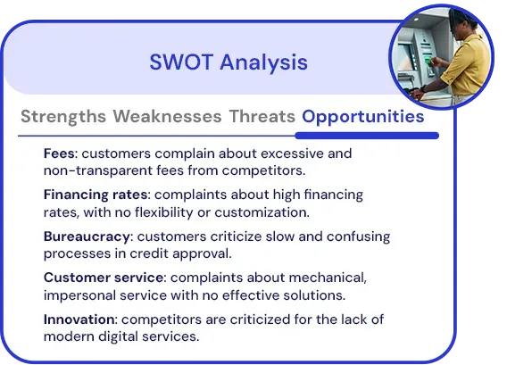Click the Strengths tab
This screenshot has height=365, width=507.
tap(63, 117)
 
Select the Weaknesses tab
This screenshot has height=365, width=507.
tap(167, 116)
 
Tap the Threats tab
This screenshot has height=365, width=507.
tap(262, 116)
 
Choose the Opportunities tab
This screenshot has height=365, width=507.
tap(362, 117)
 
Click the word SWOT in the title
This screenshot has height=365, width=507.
tap(181, 62)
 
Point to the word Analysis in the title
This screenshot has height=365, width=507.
tap(263, 62)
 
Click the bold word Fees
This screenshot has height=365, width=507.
tap(59, 153)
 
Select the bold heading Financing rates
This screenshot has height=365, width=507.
tap(96, 195)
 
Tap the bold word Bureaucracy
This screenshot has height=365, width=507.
tap(87, 237)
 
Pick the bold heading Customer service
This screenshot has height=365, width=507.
tap(104, 278)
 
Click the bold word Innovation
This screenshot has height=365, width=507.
tap(79, 319)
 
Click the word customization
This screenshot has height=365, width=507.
tap(262, 212)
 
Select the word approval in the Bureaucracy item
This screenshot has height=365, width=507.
tap(202, 254)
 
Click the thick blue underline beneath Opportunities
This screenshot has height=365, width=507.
tap(367, 136)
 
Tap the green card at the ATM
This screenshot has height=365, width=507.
tap(428, 61)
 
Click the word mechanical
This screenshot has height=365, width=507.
tap(328, 278)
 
